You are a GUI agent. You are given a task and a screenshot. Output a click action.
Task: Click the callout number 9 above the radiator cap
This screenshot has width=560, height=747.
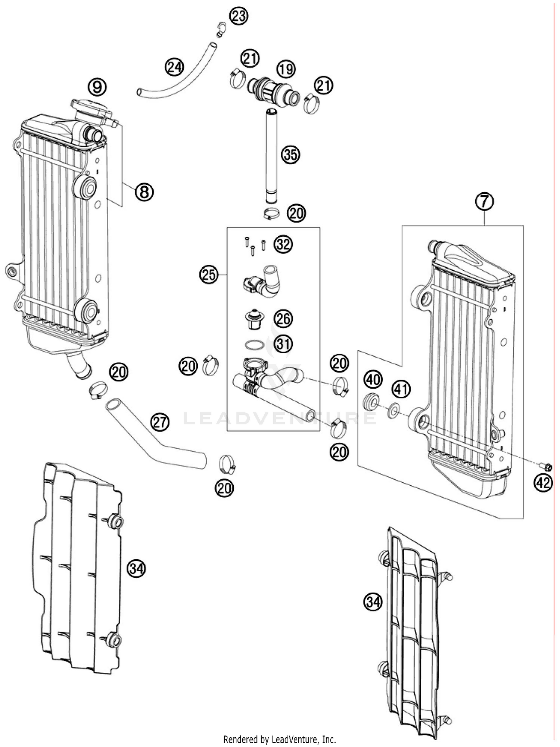[97, 87]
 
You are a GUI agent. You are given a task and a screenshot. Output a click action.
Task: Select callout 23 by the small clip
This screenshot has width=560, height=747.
[239, 16]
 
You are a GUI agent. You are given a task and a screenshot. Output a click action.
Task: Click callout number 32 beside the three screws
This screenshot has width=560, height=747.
[283, 245]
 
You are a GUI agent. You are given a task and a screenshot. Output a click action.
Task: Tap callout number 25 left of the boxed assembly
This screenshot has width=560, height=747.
[208, 275]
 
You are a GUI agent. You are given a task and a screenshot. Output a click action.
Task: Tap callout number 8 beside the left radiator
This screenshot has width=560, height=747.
[144, 192]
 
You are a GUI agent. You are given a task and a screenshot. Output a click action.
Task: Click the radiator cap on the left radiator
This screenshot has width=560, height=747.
[91, 108]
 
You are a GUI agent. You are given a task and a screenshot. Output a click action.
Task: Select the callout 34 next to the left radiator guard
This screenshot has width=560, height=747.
[136, 569]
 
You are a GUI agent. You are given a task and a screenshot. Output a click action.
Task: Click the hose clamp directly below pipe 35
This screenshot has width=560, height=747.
[271, 214]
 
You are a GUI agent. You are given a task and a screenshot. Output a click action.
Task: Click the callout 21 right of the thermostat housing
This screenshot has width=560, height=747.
[323, 85]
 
